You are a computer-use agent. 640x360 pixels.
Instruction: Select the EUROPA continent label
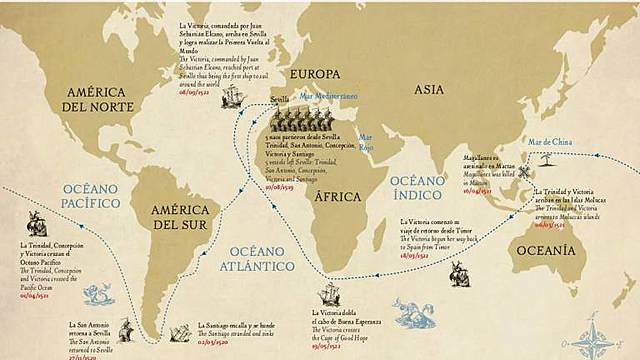tap(314, 75)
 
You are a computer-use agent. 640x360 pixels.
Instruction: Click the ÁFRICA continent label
tap(337, 197)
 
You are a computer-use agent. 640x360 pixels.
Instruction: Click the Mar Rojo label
tap(366, 141)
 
